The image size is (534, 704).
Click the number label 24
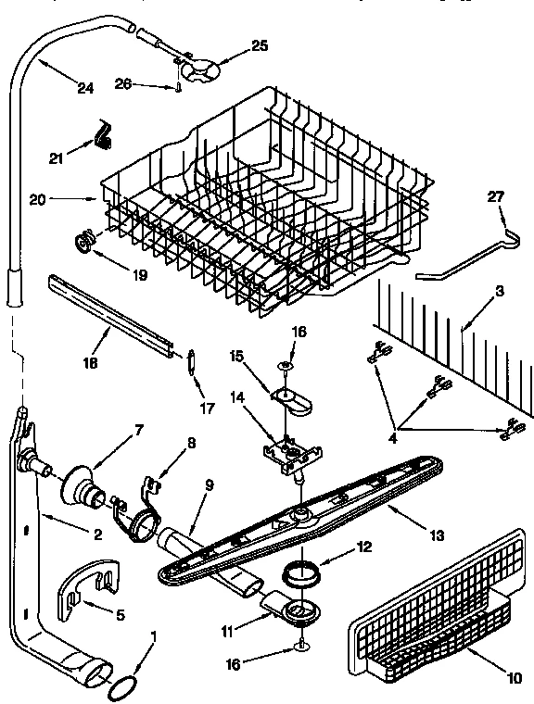85,89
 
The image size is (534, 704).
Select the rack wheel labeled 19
84,244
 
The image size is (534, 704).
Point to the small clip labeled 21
101,136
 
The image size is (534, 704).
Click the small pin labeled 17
191,360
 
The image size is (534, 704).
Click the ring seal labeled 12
302,573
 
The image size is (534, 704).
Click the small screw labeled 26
175,87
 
